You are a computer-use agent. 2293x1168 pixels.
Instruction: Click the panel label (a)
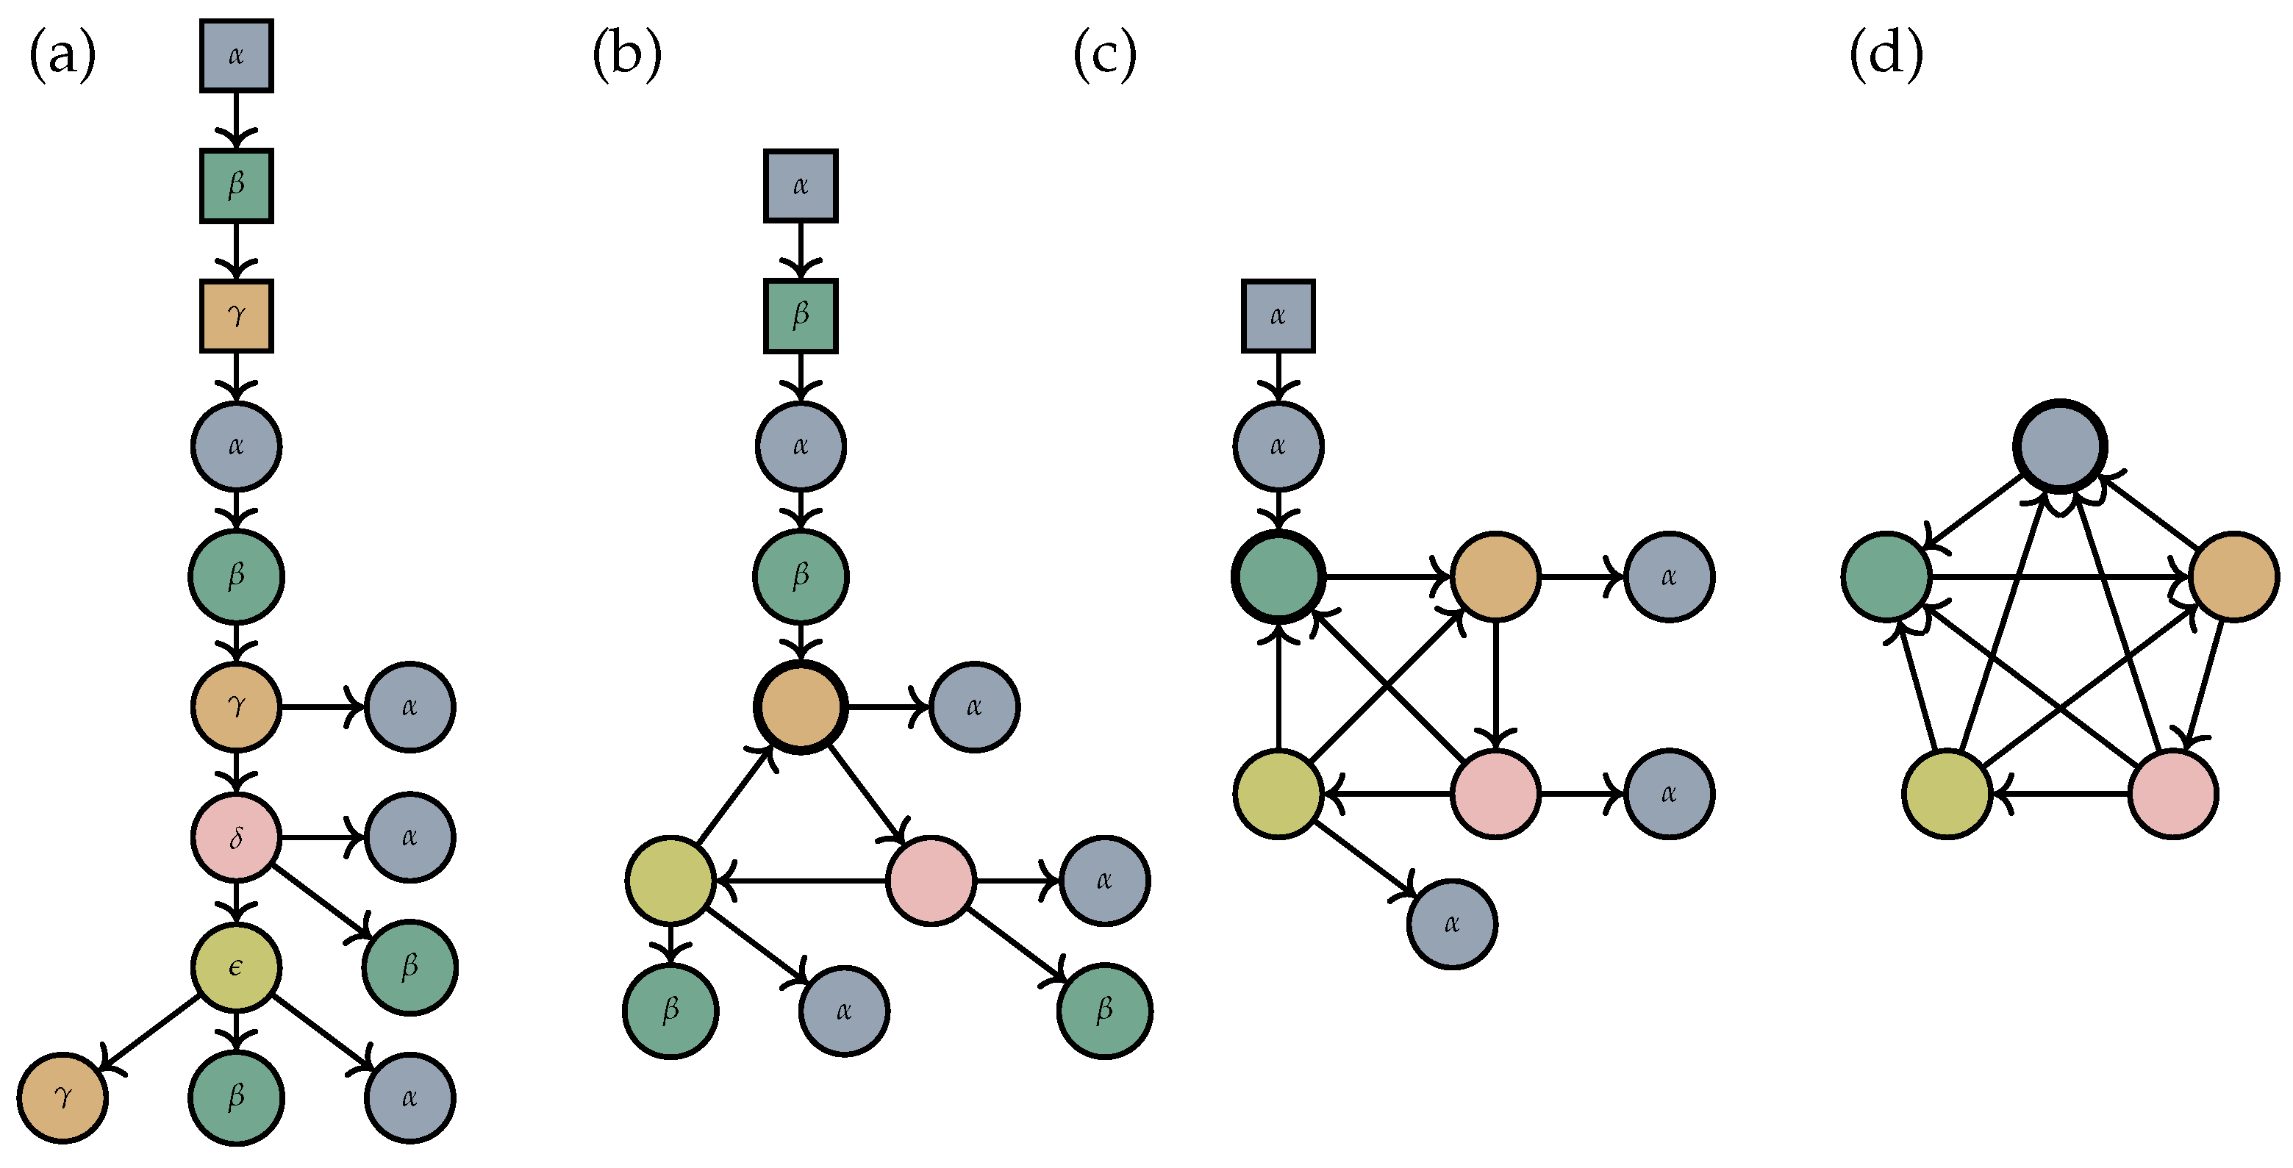pyautogui.click(x=62, y=55)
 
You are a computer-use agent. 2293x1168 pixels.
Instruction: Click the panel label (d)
pyautogui.click(x=1885, y=55)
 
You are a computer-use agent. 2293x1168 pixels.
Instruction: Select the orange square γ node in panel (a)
pyautogui.click(x=236, y=316)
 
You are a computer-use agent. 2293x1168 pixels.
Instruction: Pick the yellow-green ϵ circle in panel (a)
pyautogui.click(x=236, y=967)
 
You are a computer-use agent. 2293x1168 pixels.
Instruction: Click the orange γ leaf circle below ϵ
pyautogui.click(x=62, y=1097)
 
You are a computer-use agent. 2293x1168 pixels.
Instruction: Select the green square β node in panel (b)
pyautogui.click(x=801, y=316)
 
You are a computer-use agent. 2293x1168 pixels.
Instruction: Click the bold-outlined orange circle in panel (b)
pyautogui.click(x=801, y=708)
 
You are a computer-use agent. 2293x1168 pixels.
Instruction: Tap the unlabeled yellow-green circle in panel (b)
pyautogui.click(x=670, y=881)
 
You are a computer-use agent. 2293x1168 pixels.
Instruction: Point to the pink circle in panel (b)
pyautogui.click(x=931, y=881)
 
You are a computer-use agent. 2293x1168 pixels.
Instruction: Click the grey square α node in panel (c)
pyautogui.click(x=1277, y=316)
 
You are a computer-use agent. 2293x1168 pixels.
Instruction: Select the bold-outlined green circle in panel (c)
pyautogui.click(x=1277, y=577)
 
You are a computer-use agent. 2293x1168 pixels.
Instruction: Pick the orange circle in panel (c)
pyautogui.click(x=1495, y=577)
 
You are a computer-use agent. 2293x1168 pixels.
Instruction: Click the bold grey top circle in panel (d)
pyautogui.click(x=2060, y=446)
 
